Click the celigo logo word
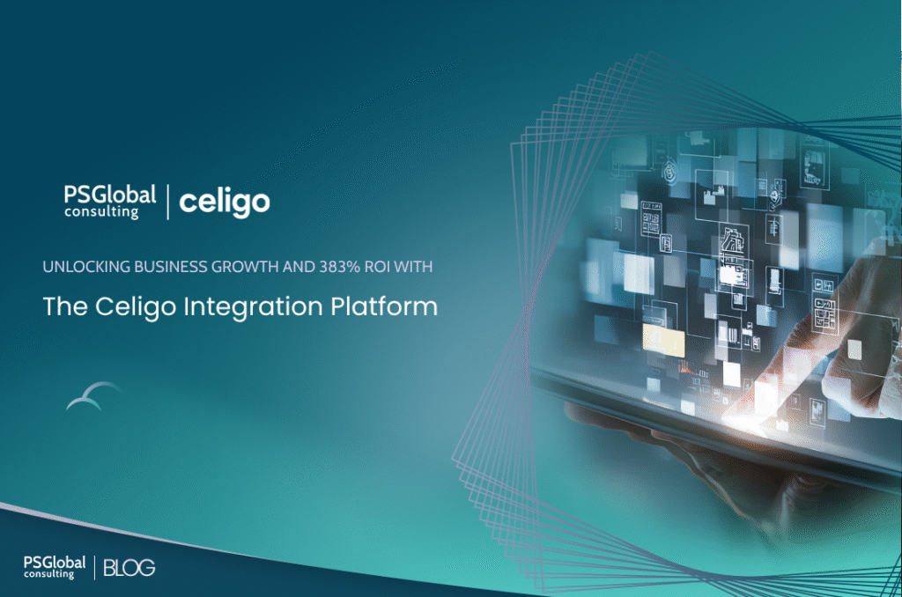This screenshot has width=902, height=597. (x=225, y=203)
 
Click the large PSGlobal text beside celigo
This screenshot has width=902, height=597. (x=110, y=195)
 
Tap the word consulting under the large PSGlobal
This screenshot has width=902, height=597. (x=101, y=212)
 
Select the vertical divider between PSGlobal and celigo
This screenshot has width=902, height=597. (x=168, y=202)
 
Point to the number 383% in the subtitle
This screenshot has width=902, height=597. (x=339, y=267)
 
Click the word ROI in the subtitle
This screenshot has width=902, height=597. (x=377, y=267)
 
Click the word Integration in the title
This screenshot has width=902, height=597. (x=253, y=307)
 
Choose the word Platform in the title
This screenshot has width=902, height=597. (x=384, y=306)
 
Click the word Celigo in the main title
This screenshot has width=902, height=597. (x=136, y=307)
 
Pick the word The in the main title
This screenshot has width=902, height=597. (x=65, y=306)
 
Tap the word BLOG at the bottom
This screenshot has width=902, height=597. (x=129, y=568)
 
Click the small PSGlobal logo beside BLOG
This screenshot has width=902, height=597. (x=55, y=567)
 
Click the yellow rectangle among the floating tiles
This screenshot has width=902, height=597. (x=663, y=339)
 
